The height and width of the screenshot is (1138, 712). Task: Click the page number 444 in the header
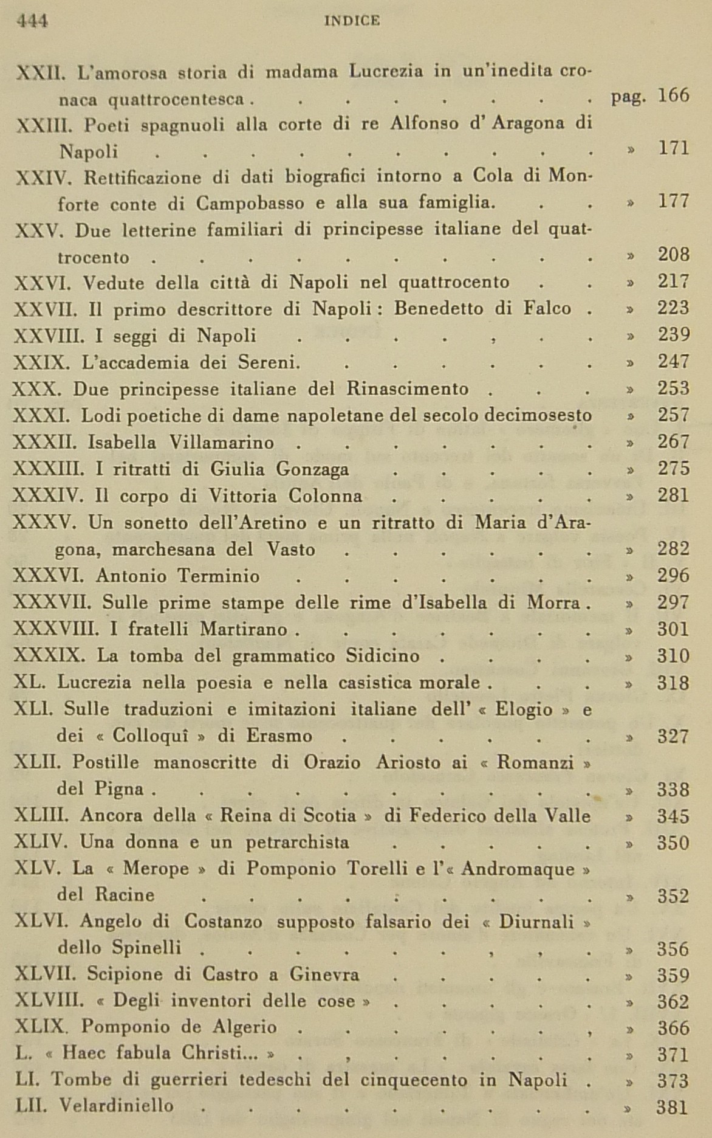pos(32,21)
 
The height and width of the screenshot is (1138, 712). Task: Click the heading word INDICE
pos(352,21)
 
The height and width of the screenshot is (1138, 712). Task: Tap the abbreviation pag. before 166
pos(628,97)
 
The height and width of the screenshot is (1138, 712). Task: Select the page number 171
pos(674,148)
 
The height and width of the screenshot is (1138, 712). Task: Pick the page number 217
pos(674,281)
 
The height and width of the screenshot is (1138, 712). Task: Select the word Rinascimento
pos(408,388)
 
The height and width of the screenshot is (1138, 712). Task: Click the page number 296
pos(673,575)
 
